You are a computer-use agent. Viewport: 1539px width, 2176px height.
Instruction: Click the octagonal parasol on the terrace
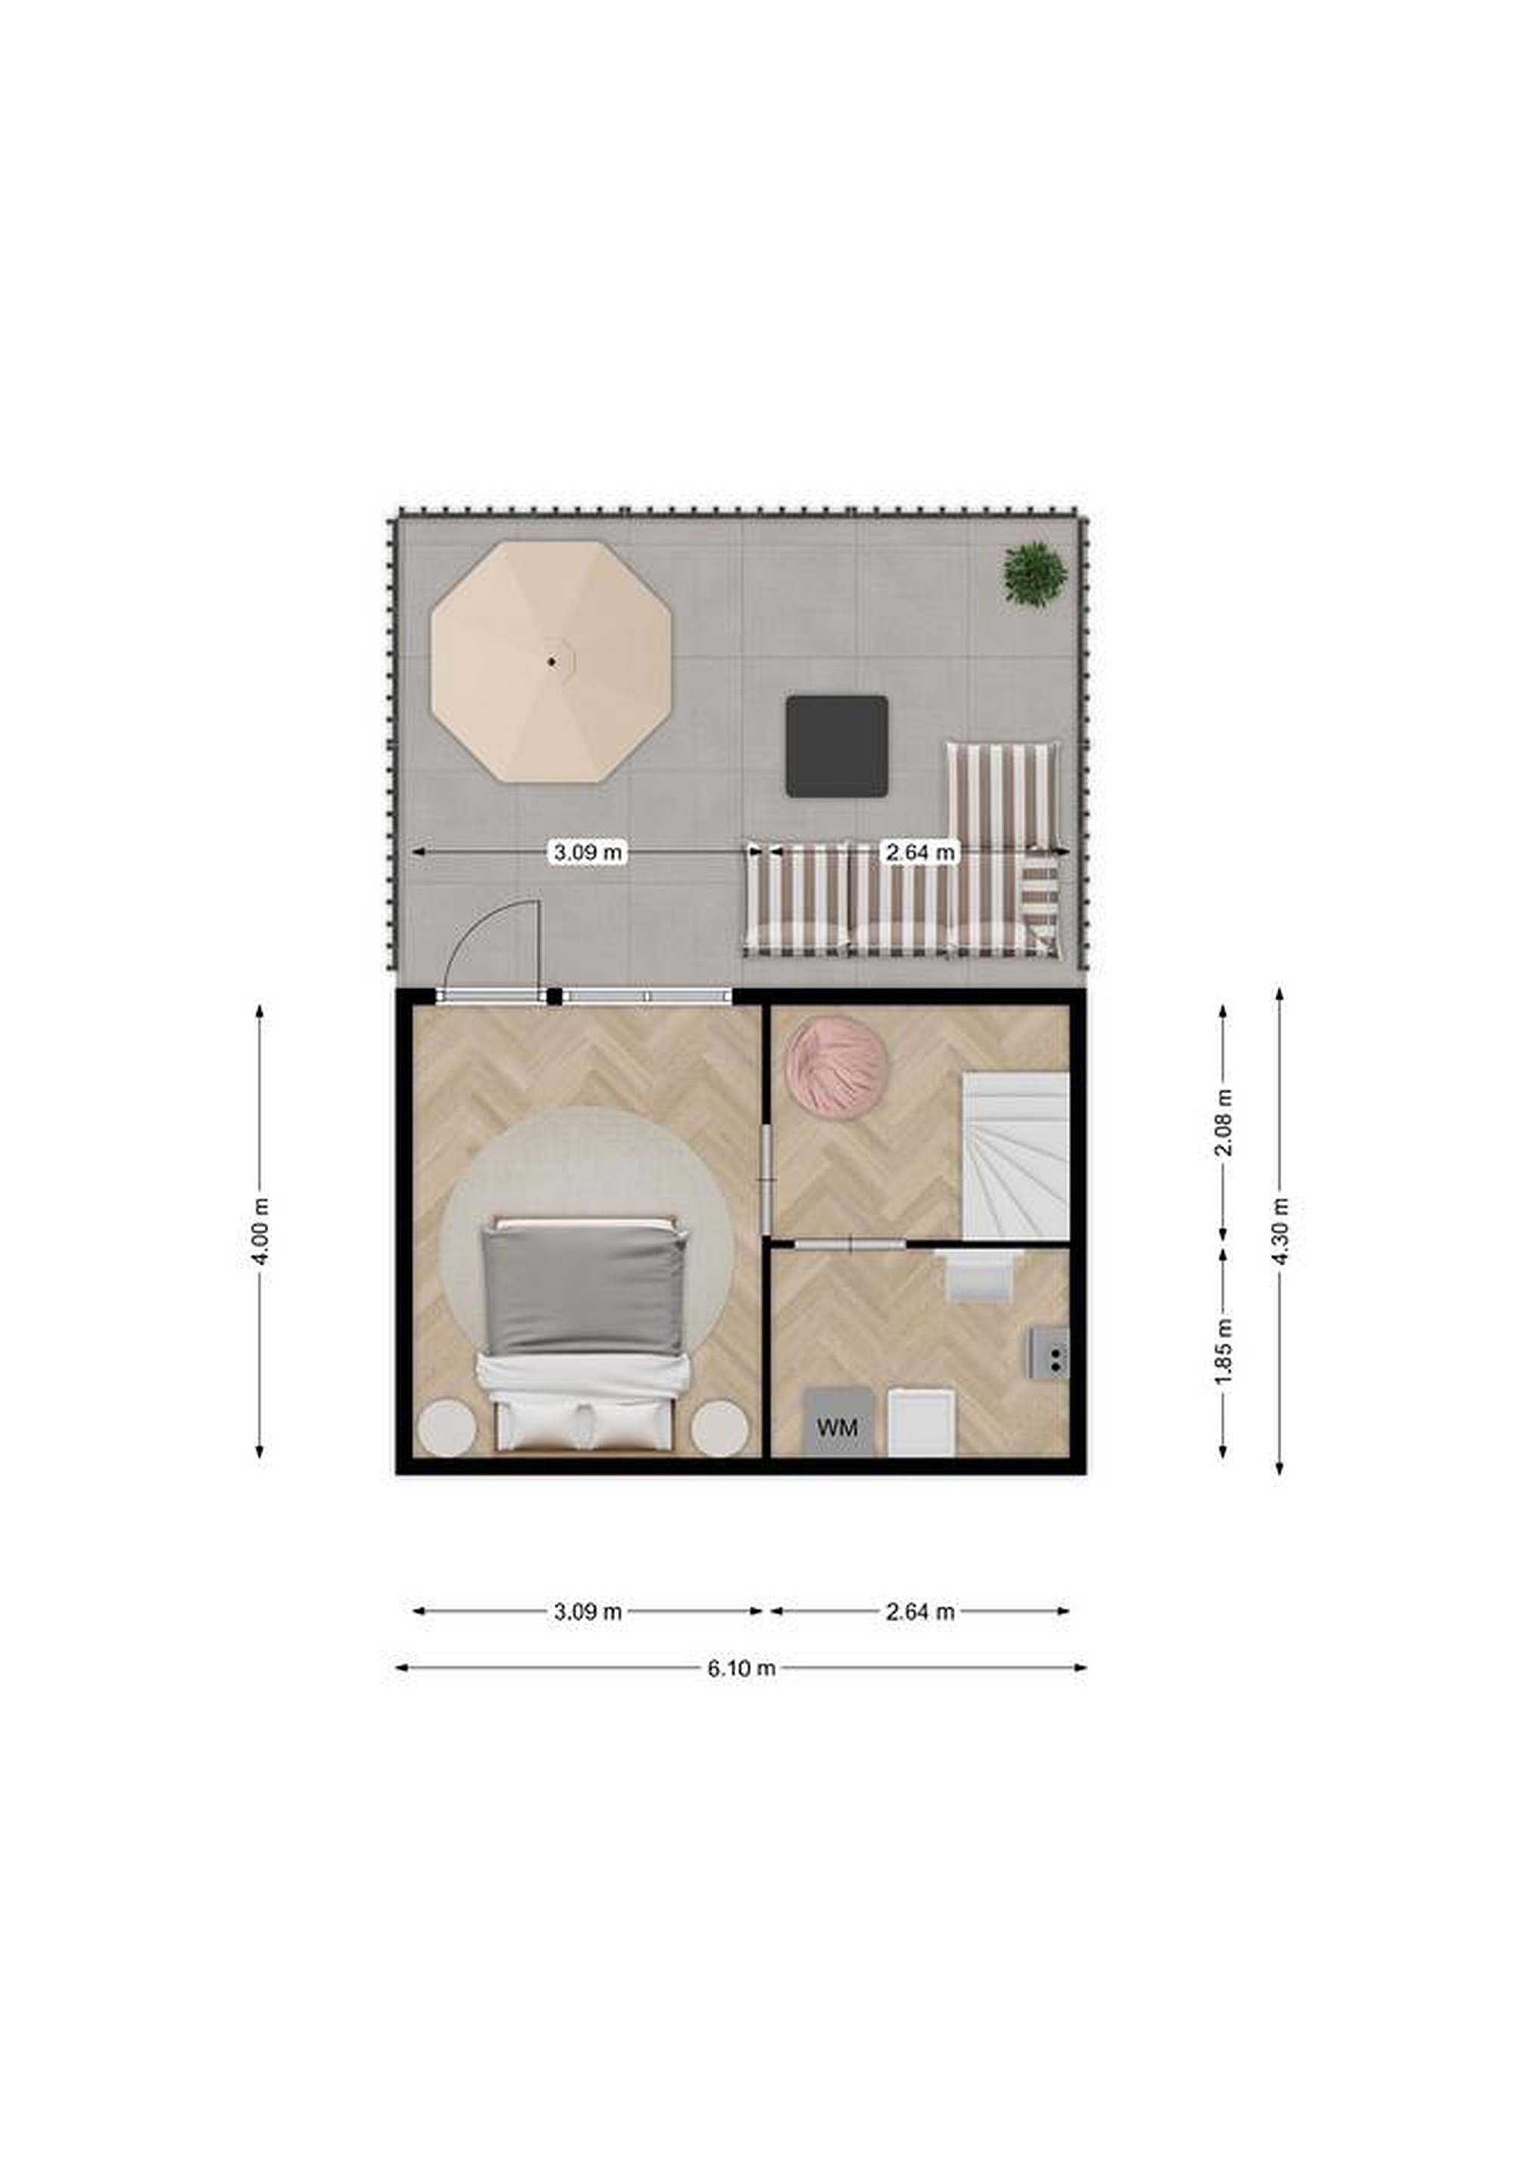coord(551,662)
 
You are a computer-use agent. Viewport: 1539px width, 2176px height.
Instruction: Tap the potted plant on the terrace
coord(1035,574)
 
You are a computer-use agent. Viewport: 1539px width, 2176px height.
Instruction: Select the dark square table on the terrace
coord(837,746)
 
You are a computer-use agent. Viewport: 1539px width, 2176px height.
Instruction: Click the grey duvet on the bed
coord(582,1290)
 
